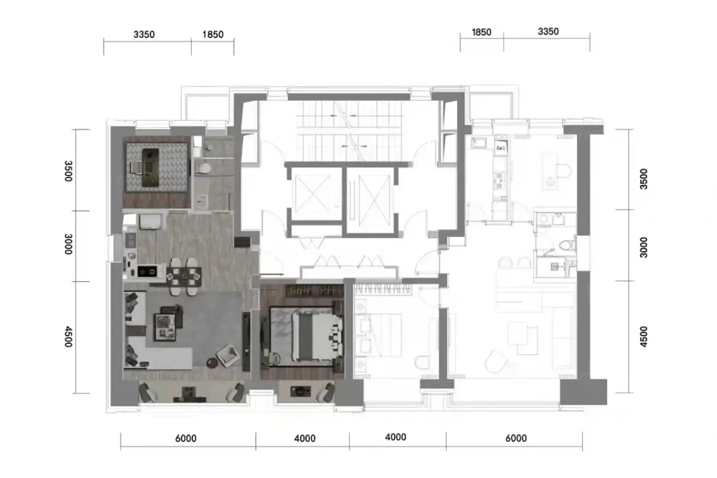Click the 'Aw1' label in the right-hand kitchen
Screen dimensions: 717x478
(x=501, y=148)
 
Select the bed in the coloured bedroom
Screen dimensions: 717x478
(x=315, y=336)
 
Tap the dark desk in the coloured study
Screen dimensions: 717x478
(x=151, y=168)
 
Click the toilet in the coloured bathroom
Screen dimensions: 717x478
(x=203, y=168)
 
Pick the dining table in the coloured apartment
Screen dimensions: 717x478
(x=184, y=276)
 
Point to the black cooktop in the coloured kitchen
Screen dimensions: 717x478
(x=147, y=272)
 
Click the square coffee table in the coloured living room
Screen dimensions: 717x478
(x=165, y=327)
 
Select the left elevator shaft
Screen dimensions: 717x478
(x=312, y=194)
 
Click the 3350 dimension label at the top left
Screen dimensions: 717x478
(x=144, y=34)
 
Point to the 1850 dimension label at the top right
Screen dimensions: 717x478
(x=481, y=32)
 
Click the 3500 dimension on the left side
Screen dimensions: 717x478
(x=69, y=171)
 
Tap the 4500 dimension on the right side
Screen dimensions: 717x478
(x=644, y=337)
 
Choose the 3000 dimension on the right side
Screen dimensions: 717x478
(x=644, y=247)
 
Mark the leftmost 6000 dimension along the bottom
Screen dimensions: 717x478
(x=185, y=439)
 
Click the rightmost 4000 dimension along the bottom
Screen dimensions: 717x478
(x=395, y=437)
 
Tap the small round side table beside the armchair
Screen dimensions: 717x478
(x=212, y=363)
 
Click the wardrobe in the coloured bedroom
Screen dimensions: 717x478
(x=314, y=290)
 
